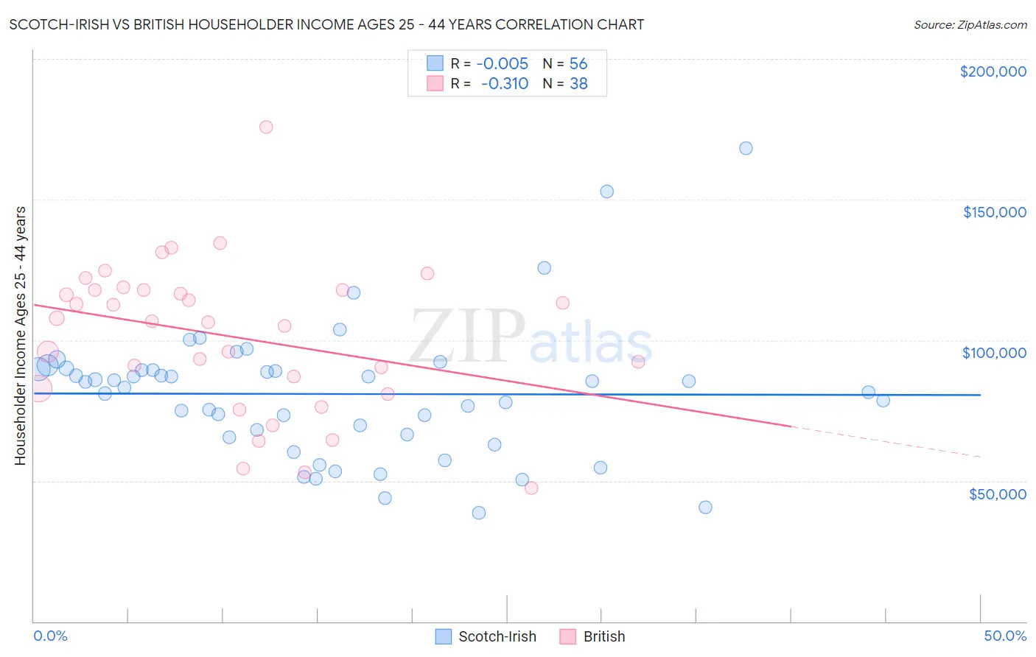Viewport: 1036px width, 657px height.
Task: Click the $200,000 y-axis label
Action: click(x=993, y=71)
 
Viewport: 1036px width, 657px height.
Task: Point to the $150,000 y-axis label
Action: click(x=994, y=212)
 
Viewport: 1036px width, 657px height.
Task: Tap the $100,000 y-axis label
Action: click(x=994, y=353)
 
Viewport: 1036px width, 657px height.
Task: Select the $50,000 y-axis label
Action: click(x=997, y=493)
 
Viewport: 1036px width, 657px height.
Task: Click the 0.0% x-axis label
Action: click(x=50, y=636)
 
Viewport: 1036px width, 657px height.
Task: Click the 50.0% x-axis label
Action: click(x=1004, y=636)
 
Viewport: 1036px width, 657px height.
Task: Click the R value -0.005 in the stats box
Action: click(x=503, y=64)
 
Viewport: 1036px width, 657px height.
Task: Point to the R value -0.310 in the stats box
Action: click(x=505, y=84)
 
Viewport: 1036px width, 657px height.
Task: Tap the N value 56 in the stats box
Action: click(x=578, y=64)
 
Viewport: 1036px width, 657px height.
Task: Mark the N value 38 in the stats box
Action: click(x=578, y=84)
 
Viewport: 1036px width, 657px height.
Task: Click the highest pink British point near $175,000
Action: click(x=266, y=127)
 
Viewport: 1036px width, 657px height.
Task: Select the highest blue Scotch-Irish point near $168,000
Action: click(x=746, y=148)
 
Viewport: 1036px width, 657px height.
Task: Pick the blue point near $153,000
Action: click(x=607, y=192)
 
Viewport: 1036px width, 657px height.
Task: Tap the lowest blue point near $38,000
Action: click(x=479, y=513)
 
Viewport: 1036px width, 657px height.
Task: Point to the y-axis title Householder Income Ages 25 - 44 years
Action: click(x=20, y=336)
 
